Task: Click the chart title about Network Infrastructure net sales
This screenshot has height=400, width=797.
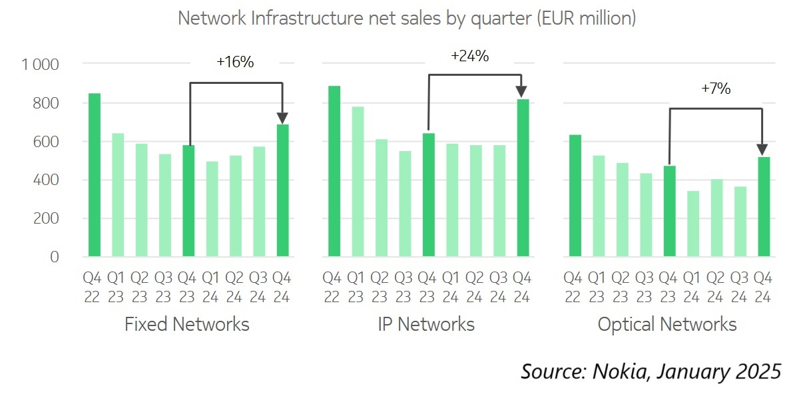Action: (407, 18)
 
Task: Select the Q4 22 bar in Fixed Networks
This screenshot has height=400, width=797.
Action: (95, 175)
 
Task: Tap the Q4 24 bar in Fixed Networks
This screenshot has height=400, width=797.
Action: (283, 190)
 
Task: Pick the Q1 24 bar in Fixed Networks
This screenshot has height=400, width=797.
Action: (212, 209)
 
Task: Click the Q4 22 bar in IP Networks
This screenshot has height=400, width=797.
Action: (334, 171)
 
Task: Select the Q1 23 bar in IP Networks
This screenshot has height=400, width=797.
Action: (358, 182)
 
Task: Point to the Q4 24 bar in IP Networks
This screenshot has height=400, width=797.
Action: (523, 178)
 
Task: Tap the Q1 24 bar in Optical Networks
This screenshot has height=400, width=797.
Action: (693, 224)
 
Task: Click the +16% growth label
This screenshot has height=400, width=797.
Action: (235, 62)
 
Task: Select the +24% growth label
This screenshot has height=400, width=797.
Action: (470, 57)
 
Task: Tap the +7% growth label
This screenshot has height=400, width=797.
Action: (716, 89)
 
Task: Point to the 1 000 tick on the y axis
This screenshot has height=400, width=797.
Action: (41, 65)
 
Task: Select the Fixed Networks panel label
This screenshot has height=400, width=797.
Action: (187, 324)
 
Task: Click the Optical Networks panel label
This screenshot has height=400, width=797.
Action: (667, 324)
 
